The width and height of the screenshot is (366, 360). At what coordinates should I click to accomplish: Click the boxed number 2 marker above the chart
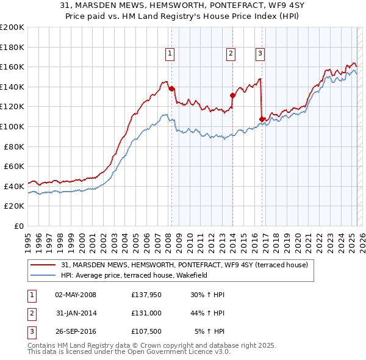pos(231,54)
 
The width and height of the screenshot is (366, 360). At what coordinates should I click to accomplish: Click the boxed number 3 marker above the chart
pos(260,54)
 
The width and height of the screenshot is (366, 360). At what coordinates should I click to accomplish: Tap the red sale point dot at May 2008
pos(171,88)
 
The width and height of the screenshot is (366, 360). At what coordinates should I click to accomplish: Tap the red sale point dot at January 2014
pos(232,95)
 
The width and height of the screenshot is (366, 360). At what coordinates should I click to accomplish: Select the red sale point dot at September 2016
pos(262,118)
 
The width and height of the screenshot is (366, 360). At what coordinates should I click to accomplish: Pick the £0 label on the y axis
pos(18,226)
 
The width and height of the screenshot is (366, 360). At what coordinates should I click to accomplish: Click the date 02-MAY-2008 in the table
pos(76,295)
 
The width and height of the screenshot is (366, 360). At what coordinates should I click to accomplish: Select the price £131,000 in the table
pos(146,314)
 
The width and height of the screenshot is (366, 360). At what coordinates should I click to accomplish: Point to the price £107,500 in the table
pos(146,332)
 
